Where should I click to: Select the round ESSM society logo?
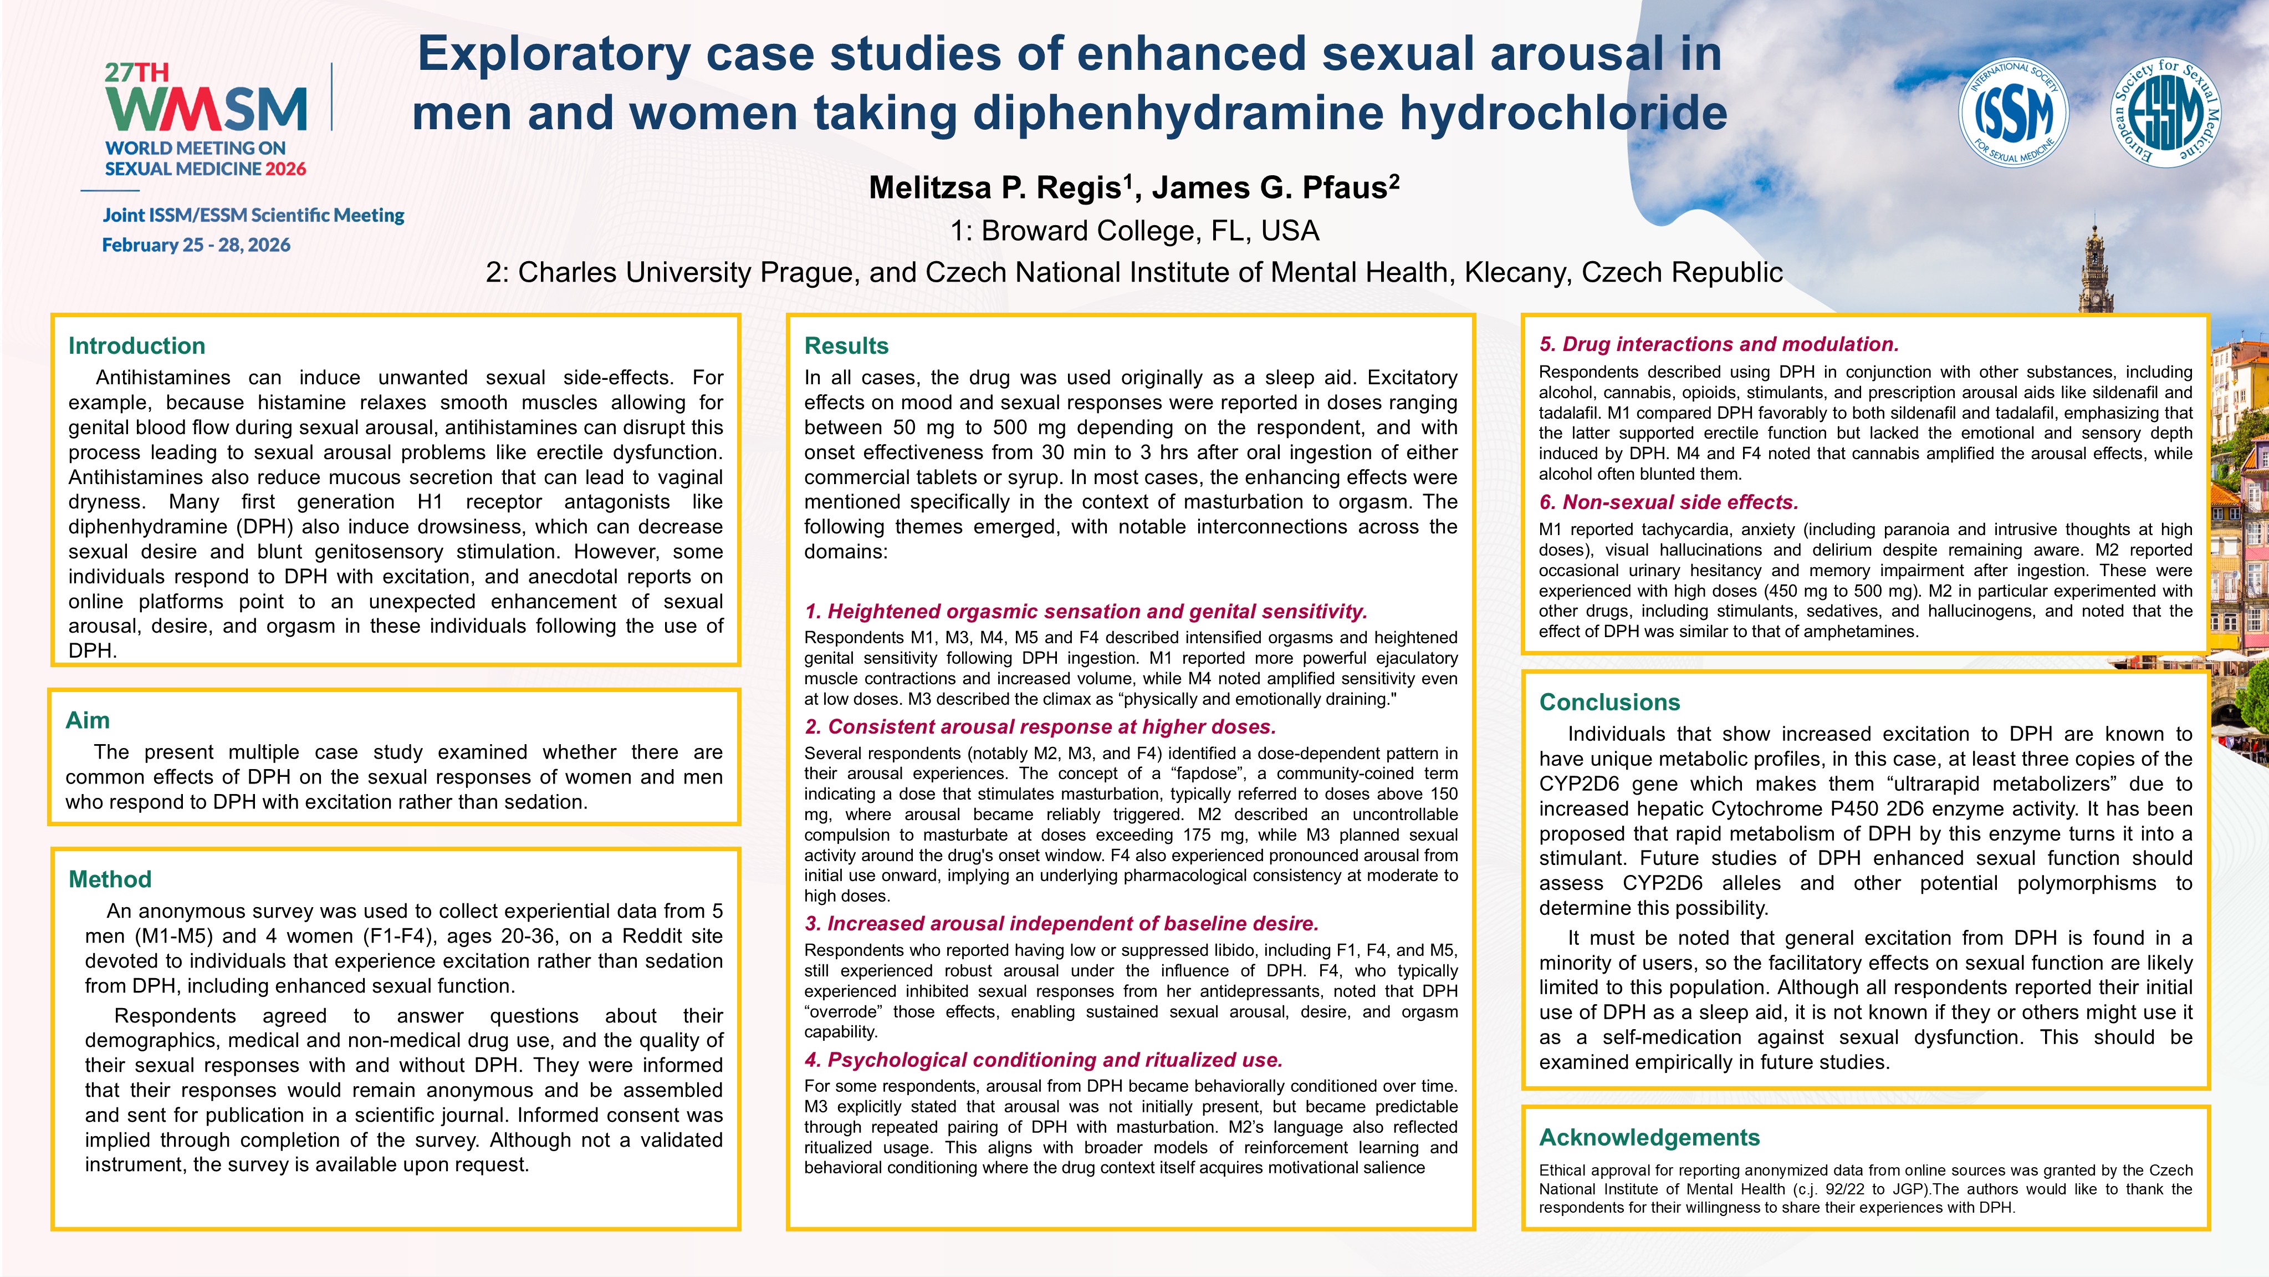[x=2166, y=112]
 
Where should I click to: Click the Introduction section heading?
[x=136, y=345]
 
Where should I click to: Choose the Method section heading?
[x=110, y=879]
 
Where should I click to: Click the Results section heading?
[x=846, y=345]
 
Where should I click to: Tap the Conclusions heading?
[x=1609, y=701]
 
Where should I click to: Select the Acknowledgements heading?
[x=1649, y=1137]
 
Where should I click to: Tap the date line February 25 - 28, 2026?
[x=196, y=245]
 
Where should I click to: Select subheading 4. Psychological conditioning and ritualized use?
[x=1043, y=1059]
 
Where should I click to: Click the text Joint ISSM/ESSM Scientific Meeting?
[x=254, y=215]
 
